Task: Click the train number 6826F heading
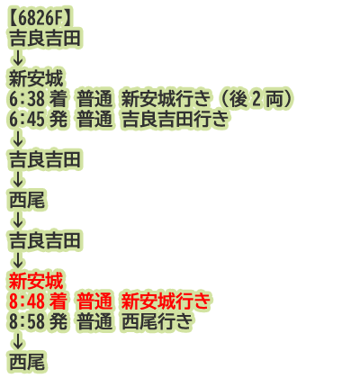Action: pos(40,19)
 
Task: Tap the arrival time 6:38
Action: pos(27,99)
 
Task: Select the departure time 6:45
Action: pos(27,120)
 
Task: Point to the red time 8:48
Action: pos(27,301)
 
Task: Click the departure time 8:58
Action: pos(27,321)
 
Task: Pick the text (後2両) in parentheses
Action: pos(255,99)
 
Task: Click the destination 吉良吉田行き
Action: pos(175,120)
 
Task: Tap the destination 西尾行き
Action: pos(157,321)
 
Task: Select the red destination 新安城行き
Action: pos(166,301)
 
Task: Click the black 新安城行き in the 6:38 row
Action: pos(166,99)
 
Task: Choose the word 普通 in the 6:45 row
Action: pos(94,120)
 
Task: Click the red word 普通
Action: pos(94,301)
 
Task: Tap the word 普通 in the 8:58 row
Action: pos(94,321)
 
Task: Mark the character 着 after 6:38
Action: pos(58,99)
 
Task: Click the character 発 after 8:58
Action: pos(58,321)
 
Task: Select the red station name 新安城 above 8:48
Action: pos(36,282)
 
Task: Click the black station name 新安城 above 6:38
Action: pos(36,79)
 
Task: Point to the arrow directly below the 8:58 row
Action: pos(18,342)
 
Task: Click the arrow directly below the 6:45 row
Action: pos(18,139)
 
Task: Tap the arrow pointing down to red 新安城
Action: pos(18,261)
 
